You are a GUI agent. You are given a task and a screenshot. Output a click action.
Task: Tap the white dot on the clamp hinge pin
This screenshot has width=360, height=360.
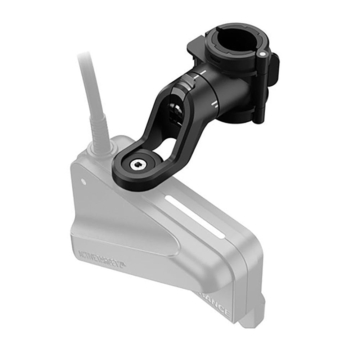(x=262, y=53)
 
